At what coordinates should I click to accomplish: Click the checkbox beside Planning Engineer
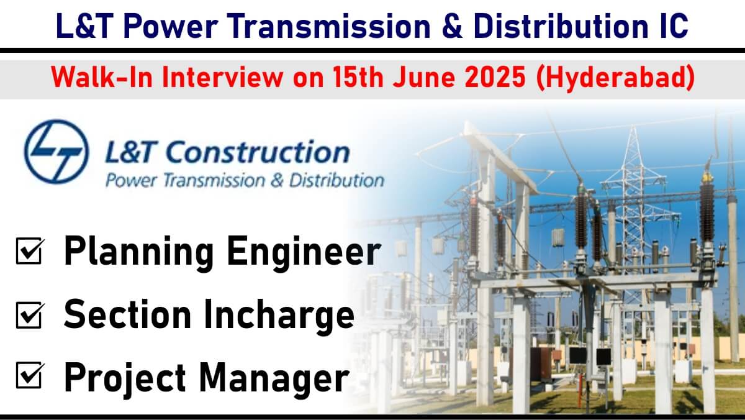point(29,251)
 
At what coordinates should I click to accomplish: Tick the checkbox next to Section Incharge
point(29,315)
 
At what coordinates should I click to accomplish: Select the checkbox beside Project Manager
point(29,375)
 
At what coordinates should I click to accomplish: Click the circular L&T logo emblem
point(56,152)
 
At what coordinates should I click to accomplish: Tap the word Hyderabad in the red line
point(616,78)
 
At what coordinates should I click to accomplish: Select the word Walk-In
point(102,77)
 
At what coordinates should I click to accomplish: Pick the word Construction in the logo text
point(258,152)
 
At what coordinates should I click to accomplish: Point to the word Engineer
point(304,251)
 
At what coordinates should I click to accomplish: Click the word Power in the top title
point(170,26)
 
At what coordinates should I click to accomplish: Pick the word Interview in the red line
point(222,77)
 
